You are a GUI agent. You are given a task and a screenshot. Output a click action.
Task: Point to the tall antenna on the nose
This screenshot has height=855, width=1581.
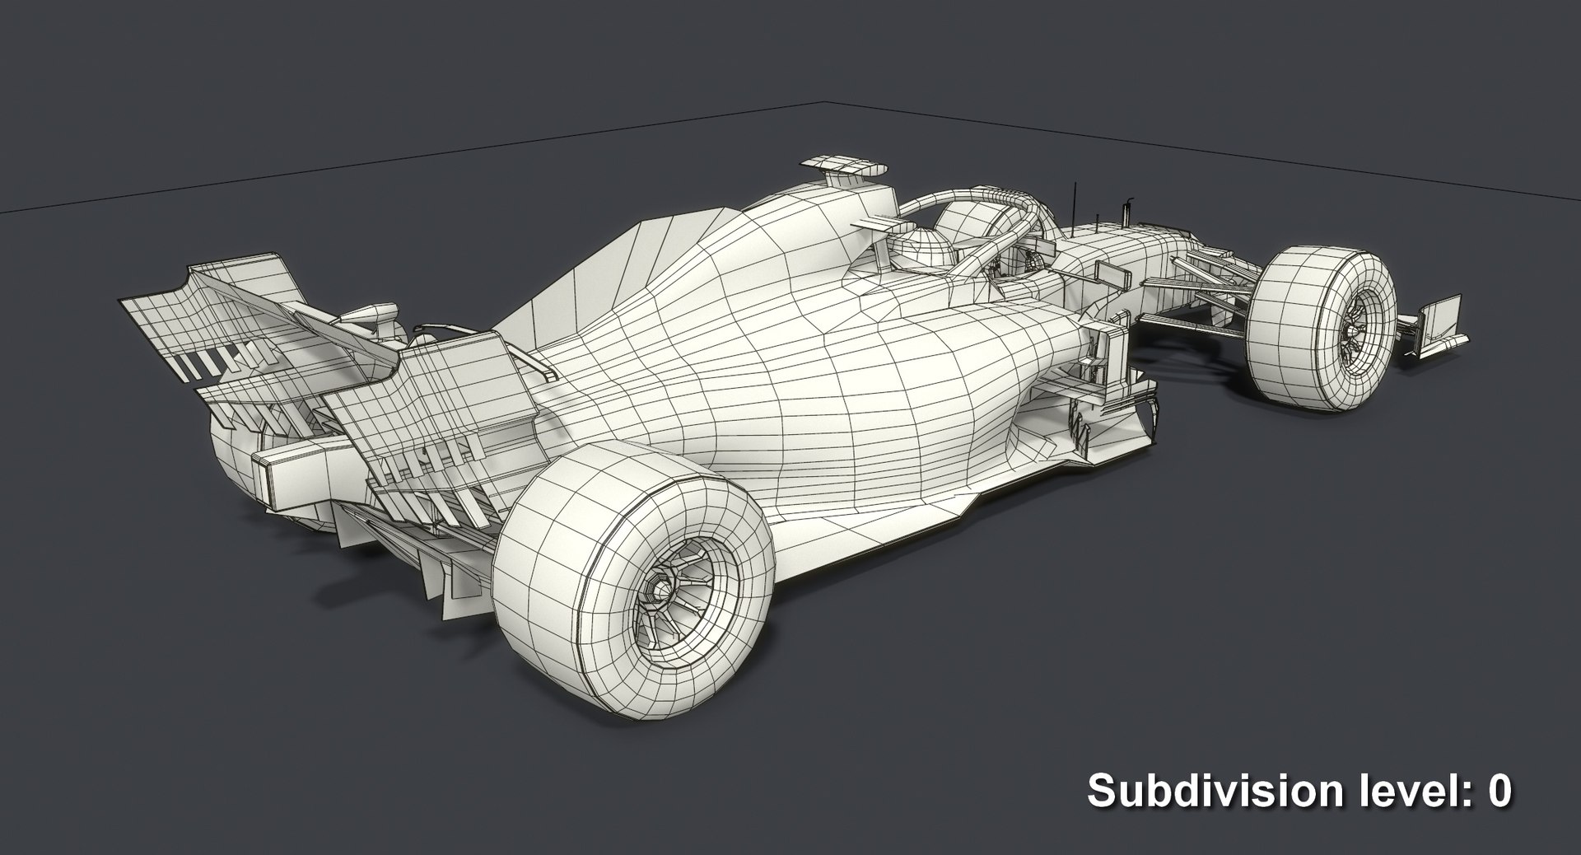coord(1073,202)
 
